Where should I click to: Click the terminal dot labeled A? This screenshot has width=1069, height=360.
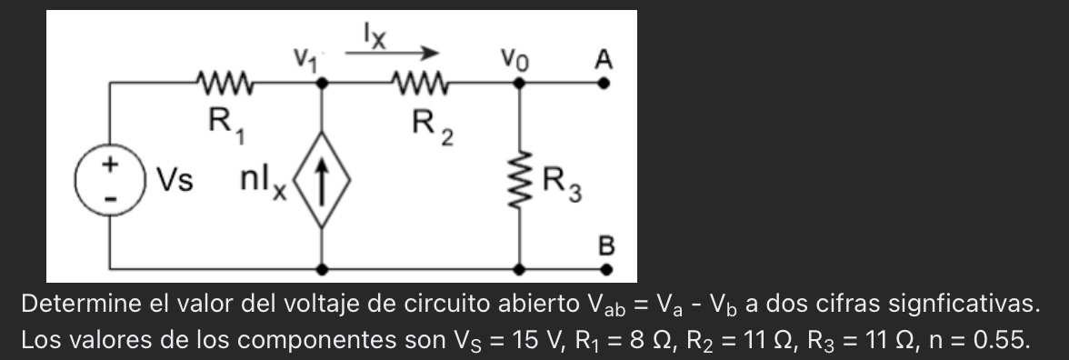[605, 83]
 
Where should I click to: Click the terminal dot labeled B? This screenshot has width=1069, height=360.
[605, 269]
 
